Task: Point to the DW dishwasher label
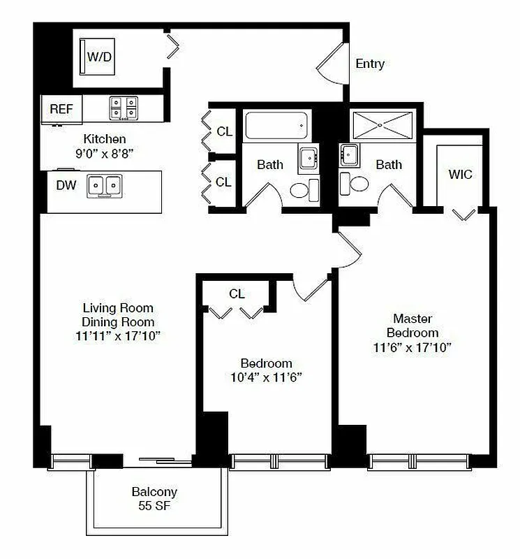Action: (66, 186)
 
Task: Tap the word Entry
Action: (370, 64)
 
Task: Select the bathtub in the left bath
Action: (276, 126)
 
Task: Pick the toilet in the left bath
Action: (300, 189)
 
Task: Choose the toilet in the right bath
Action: (358, 185)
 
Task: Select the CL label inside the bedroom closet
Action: (237, 294)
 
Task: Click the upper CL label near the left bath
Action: (224, 131)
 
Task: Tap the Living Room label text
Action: (118, 308)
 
